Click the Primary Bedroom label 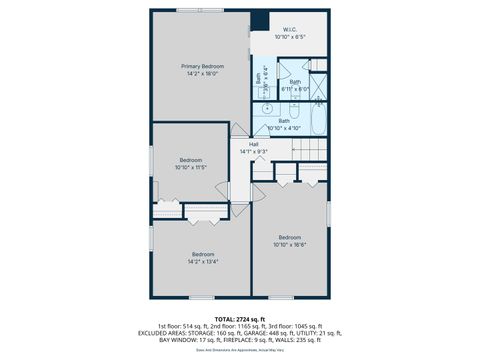(x=201, y=66)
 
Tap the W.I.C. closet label (x=289, y=30)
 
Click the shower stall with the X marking (x=316, y=88)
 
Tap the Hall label (x=254, y=143)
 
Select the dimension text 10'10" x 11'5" (x=191, y=167)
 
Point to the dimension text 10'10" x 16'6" (x=289, y=244)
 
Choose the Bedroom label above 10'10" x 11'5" (x=191, y=160)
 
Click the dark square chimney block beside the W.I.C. (x=260, y=20)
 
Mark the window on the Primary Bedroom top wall (x=200, y=11)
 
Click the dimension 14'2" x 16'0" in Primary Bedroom (x=201, y=74)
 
